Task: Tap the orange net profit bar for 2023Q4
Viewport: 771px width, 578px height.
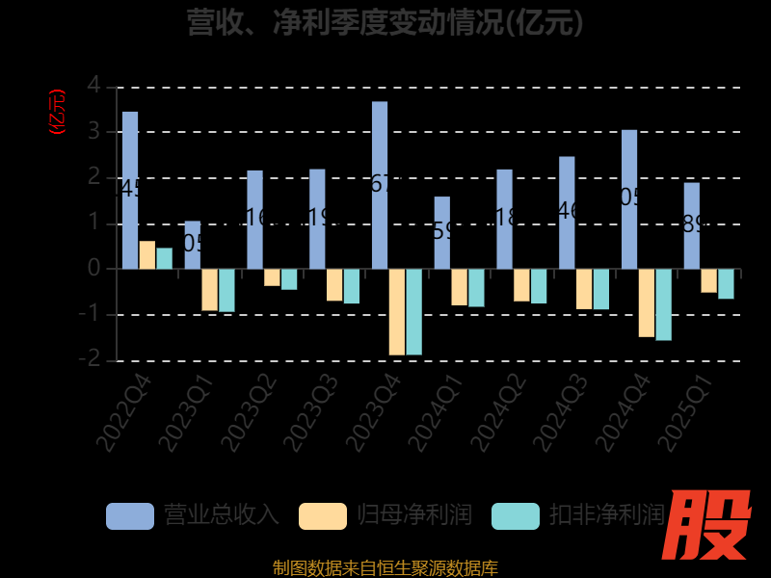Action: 397,312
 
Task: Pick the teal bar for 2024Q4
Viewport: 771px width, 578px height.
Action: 663,304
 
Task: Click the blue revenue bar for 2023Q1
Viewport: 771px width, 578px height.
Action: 193,245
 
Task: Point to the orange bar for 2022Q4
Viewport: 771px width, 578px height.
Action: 147,255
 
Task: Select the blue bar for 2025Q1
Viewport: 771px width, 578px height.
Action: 692,225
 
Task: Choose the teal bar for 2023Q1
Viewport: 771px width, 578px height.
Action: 226,290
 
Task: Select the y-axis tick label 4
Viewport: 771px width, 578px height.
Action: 93,85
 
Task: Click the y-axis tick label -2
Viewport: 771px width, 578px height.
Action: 90,359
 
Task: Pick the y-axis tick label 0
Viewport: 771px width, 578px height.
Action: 93,268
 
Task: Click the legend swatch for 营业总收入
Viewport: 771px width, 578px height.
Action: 130,515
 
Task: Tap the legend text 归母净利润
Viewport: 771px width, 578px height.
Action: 414,515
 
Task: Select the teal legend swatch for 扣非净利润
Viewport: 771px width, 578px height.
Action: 516,515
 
